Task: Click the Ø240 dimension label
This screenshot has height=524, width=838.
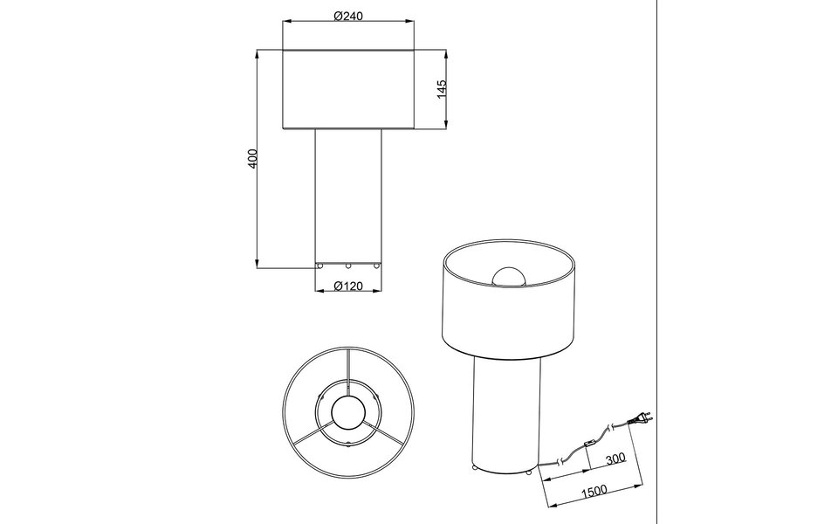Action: coord(348,16)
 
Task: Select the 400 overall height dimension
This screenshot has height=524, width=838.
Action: coord(252,158)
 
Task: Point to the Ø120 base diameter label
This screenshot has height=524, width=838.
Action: coord(348,286)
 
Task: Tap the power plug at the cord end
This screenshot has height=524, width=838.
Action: coord(642,421)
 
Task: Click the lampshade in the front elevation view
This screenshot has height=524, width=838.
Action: coord(348,90)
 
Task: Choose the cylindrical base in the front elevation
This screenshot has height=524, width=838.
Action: coord(348,196)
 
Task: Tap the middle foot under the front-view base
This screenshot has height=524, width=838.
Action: coord(348,265)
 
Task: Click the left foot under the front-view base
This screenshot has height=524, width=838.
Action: coord(320,265)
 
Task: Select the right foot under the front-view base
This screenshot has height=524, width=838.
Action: coord(376,265)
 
